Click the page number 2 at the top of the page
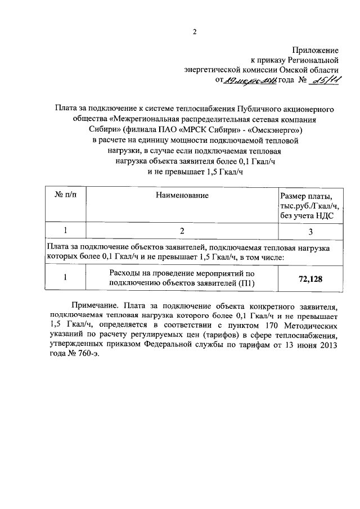(x=195, y=32)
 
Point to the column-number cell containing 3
(x=311, y=231)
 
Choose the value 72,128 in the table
(x=310, y=278)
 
